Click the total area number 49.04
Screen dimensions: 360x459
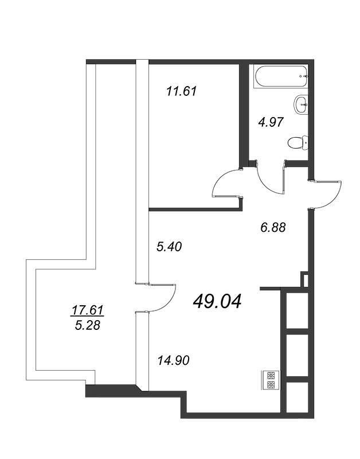pos(217,302)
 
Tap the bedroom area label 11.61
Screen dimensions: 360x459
pos(181,91)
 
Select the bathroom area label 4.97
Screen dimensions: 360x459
pos(271,122)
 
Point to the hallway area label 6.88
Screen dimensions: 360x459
pos(273,227)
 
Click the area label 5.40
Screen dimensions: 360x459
pos(169,247)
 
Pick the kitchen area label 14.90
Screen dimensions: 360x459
pos(174,360)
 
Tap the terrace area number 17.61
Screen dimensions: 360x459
pos(88,310)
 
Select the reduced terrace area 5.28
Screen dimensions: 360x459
pos(88,325)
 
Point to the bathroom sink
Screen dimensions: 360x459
pos(300,104)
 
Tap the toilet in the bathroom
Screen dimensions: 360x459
pos(298,143)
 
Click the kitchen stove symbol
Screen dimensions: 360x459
pos(270,380)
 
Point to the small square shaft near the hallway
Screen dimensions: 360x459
pos(305,279)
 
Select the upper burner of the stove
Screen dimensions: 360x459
pos(270,375)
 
